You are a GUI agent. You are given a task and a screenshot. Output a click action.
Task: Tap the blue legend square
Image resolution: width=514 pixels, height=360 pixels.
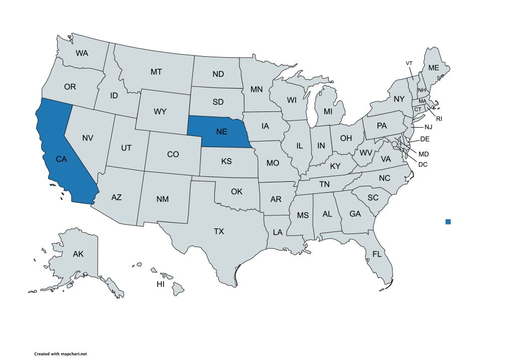448,221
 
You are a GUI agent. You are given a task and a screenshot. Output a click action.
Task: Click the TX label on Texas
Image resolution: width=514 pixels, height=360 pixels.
219,231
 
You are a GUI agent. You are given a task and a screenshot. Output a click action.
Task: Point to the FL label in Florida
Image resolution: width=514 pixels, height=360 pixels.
377,254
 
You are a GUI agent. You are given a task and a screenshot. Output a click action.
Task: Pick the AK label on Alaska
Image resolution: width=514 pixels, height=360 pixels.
78,254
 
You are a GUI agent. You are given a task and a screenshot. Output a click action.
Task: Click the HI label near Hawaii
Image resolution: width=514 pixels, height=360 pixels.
161,284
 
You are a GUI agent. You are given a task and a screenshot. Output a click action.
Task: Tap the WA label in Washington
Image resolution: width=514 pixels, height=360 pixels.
82,53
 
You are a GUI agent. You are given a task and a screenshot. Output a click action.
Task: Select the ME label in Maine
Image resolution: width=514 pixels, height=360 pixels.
433,68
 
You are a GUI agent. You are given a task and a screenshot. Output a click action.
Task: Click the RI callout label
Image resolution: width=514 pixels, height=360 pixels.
439,118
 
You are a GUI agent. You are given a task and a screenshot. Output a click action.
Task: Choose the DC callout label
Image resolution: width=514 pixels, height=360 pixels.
423,163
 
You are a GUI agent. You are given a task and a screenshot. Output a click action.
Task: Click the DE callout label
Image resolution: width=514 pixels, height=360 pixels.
424,139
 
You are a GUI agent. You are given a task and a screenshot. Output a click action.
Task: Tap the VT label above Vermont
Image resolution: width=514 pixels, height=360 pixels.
409,63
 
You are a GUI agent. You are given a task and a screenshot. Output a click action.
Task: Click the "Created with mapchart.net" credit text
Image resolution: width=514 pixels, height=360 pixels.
60,354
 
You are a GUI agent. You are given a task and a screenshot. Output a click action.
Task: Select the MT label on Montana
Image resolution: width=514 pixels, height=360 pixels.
156,72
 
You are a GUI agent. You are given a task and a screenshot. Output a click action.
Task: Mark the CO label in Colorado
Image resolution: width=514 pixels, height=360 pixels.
173,154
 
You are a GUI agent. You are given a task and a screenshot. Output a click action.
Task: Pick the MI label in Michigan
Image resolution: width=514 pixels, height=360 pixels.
328,111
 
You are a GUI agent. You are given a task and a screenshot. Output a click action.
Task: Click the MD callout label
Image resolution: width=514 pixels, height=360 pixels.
424,154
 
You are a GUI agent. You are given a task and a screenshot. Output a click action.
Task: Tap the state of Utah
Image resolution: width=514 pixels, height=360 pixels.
126,148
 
